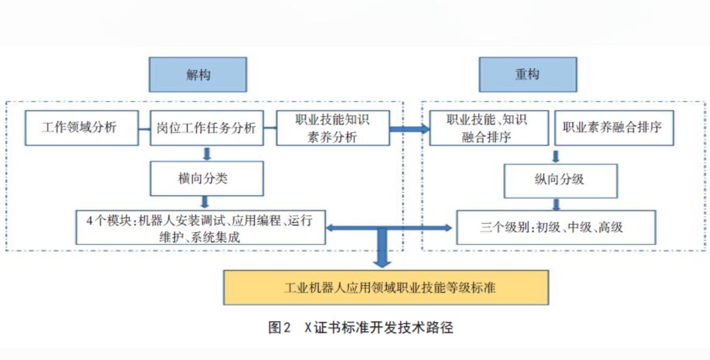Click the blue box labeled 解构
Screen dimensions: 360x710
pyautogui.click(x=198, y=75)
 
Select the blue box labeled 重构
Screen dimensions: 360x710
pyautogui.click(x=528, y=75)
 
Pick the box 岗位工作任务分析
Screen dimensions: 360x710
pyautogui.click(x=206, y=128)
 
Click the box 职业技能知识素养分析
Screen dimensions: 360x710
pyautogui.click(x=332, y=128)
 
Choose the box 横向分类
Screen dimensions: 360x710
pyautogui.click(x=206, y=178)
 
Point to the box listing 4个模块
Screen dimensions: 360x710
pyautogui.click(x=201, y=228)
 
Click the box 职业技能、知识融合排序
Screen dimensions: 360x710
pyautogui.click(x=489, y=128)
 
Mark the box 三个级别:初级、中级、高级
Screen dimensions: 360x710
pyautogui.click(x=556, y=227)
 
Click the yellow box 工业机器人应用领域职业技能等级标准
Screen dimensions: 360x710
pyautogui.click(x=386, y=288)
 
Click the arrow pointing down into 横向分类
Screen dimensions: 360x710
pyautogui.click(x=207, y=154)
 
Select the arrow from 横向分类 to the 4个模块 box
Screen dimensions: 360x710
pyautogui.click(x=207, y=202)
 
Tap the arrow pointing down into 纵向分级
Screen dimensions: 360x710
pyautogui.click(x=556, y=155)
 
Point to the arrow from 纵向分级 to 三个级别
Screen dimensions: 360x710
pyautogui.click(x=556, y=205)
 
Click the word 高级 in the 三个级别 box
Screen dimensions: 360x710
pyautogui.click(x=610, y=227)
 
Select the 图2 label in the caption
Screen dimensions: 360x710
pyautogui.click(x=279, y=328)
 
